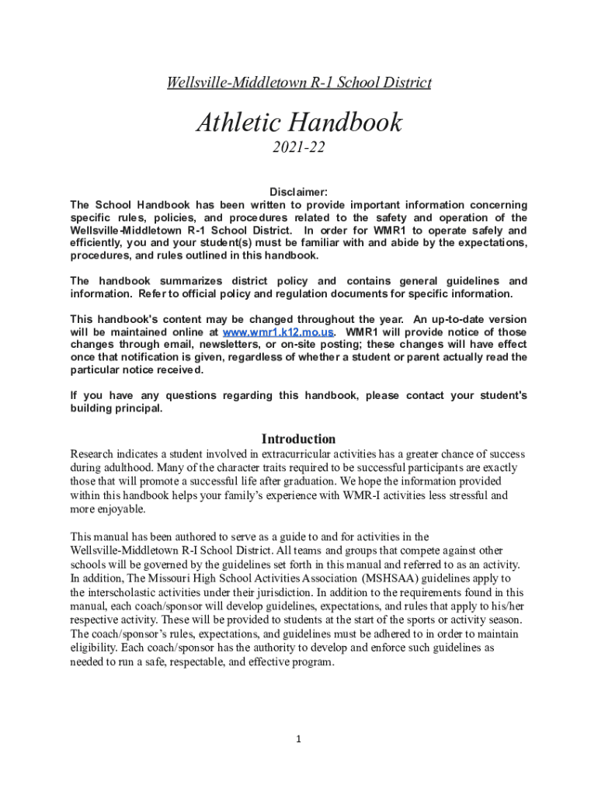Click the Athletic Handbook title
pos(299,122)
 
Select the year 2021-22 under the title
pos(299,148)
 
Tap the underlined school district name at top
pos(299,82)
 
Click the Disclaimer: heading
pos(299,192)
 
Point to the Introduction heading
pos(299,439)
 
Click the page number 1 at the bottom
pos(299,739)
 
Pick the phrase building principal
pos(116,408)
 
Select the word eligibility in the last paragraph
pos(94,647)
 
